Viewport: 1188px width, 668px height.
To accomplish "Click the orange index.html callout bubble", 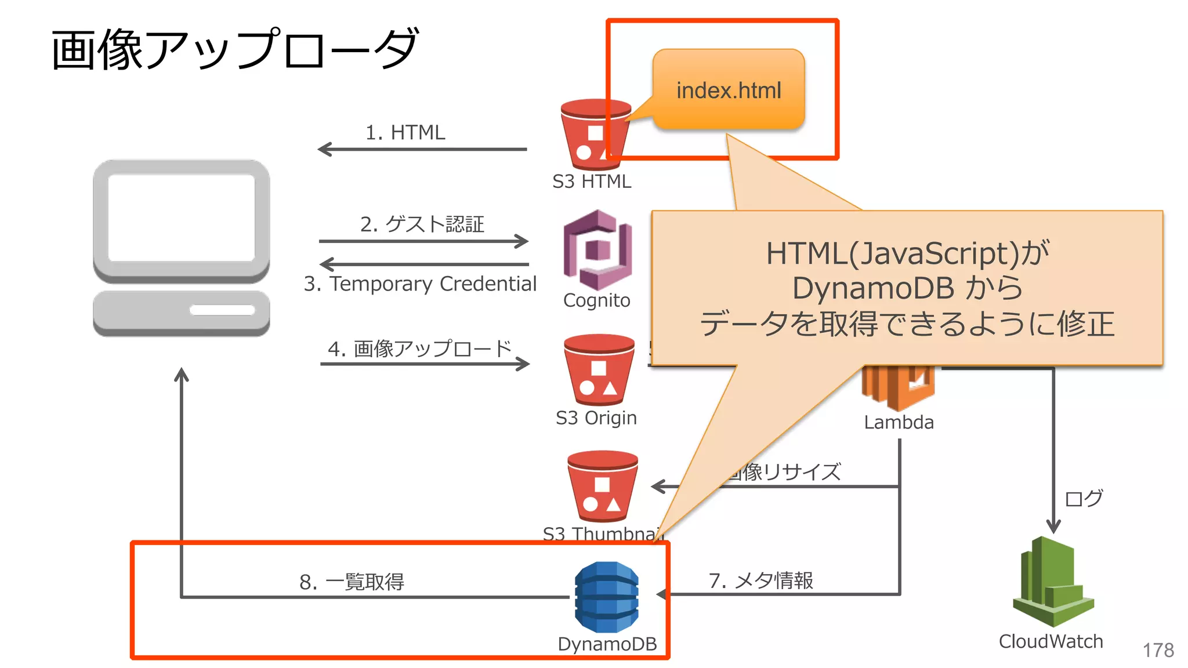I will [729, 89].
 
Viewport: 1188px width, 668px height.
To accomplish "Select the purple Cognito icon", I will [597, 251].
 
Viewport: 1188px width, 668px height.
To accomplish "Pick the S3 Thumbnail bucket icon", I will [602, 487].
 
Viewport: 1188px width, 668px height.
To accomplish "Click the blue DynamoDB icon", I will [606, 597].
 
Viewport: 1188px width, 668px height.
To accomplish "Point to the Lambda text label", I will [899, 422].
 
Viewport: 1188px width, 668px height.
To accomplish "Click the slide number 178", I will [1158, 650].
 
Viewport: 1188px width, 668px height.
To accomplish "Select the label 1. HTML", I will [405, 132].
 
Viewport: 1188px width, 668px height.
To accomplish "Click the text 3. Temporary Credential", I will [420, 284].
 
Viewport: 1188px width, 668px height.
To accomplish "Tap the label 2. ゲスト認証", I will [422, 224].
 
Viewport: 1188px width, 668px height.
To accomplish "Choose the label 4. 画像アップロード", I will [419, 348].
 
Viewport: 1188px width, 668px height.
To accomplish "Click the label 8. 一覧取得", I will [352, 582].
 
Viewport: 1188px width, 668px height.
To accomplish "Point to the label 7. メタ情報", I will [760, 580].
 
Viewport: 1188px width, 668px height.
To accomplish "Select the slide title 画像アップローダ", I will [234, 49].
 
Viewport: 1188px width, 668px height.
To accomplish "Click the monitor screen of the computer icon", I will [181, 217].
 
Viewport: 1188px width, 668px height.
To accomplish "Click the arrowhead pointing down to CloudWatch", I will [1053, 526].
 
